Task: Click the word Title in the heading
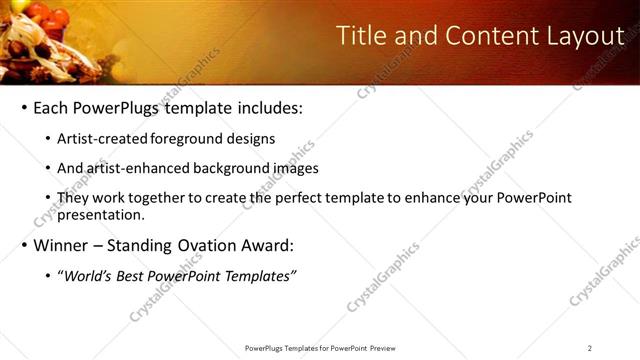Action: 360,36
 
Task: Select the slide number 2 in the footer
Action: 590,347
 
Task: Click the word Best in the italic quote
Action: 133,275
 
